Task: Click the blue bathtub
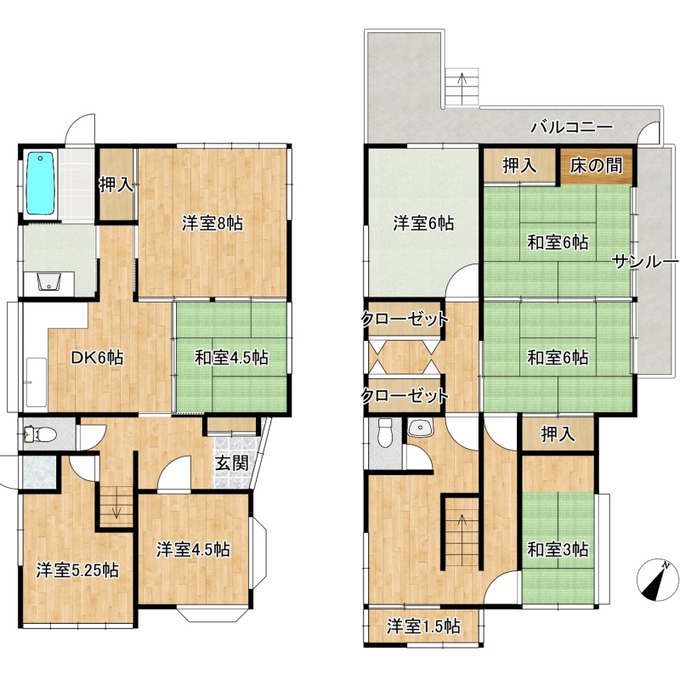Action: coord(40,183)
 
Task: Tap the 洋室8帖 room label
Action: coord(212,224)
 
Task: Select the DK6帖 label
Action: coord(98,357)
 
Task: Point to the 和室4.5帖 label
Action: coord(231,357)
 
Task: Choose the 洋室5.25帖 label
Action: coord(77,569)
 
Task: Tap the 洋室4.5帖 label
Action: coord(193,549)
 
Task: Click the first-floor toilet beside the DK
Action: coord(41,433)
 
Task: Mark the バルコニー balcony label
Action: coord(572,127)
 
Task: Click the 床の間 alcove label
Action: coord(597,166)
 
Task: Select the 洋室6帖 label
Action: coord(423,224)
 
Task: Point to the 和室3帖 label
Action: coord(558,549)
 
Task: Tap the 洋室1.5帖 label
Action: coord(423,626)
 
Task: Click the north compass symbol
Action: coord(657,580)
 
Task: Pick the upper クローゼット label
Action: coord(405,320)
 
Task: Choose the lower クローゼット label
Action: coord(405,395)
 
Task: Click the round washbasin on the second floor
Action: coord(421,428)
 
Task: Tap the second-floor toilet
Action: coord(385,433)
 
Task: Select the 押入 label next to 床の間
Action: coord(519,166)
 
